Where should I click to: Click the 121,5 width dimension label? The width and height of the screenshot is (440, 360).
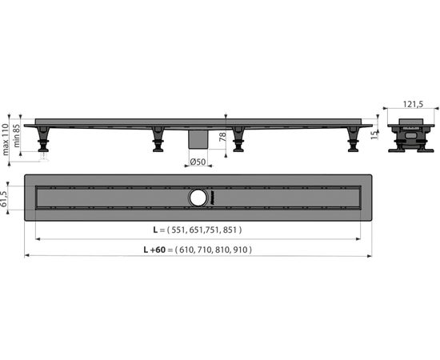413,104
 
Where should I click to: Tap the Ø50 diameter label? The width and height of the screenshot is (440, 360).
198,162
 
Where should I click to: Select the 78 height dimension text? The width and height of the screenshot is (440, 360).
222,137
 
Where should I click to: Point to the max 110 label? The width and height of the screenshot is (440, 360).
6,139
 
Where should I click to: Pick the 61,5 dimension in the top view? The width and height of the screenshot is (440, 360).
4,199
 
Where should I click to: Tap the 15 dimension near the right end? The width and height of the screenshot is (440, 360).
374,135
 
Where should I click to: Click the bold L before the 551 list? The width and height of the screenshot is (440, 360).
155,230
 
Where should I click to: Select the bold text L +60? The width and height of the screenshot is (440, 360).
154,250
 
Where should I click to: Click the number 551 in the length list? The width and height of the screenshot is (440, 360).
178,230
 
